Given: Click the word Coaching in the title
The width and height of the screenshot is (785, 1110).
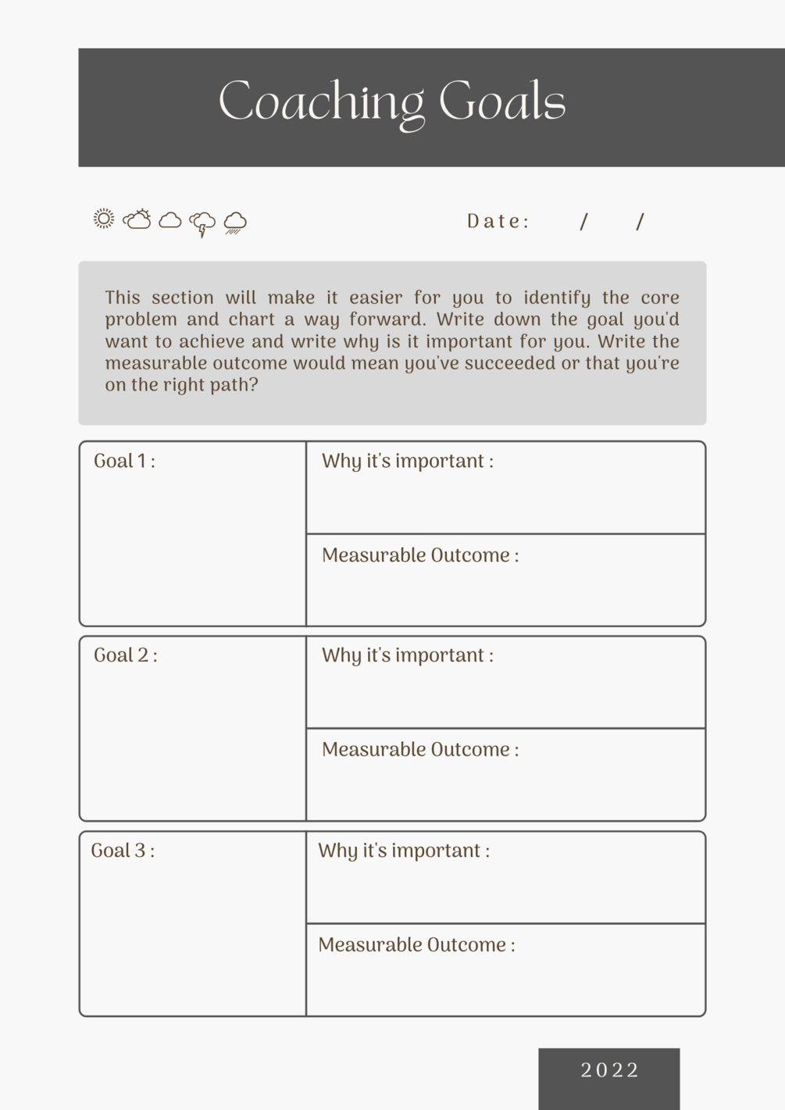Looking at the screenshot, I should [321, 102].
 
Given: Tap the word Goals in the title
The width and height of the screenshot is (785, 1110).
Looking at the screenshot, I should [501, 102].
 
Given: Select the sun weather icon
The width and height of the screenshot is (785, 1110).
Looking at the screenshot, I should [104, 219].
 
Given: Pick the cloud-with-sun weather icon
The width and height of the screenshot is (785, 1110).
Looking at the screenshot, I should [137, 220].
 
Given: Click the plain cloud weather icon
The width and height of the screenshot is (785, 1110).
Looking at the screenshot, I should [170, 220].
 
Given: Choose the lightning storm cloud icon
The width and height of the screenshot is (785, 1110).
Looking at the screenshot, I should [202, 223].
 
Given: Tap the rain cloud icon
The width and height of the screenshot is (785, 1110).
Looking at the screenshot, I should [235, 223].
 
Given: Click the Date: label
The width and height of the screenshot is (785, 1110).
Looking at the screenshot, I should [498, 222].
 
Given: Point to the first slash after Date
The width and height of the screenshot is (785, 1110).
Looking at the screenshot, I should [584, 222].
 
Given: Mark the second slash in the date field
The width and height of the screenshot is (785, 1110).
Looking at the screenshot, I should [640, 222].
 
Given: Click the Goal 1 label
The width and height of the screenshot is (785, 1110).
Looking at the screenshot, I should [124, 461].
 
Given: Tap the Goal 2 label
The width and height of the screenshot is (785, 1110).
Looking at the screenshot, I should [125, 655].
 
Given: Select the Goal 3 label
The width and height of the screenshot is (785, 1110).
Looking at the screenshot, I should [123, 851].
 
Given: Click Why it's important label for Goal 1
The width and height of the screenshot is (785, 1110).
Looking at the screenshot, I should [407, 461].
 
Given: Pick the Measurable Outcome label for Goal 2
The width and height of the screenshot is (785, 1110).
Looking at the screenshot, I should [420, 750].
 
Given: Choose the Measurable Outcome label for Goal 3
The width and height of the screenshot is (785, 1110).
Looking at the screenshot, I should [416, 945].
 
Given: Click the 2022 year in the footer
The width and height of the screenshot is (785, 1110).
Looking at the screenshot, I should [609, 1070].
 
